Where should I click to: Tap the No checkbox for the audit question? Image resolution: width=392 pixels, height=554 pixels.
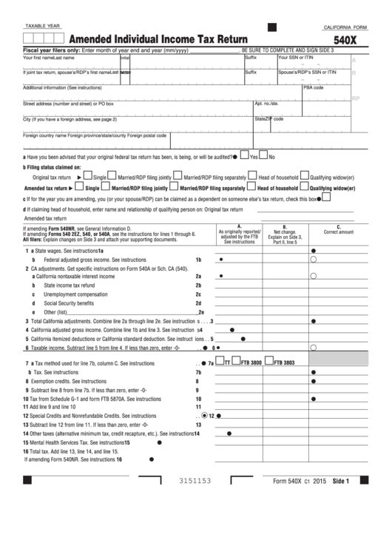pos(263,157)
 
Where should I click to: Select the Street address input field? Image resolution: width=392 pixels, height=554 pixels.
pos(137,109)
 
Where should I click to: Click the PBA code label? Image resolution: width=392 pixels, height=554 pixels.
pos(314,87)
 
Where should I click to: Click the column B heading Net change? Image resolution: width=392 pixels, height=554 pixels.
pos(284,231)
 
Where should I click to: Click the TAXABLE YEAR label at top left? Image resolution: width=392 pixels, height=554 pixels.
pos(43,26)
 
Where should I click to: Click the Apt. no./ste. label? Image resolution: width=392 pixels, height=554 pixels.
pos(266,104)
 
